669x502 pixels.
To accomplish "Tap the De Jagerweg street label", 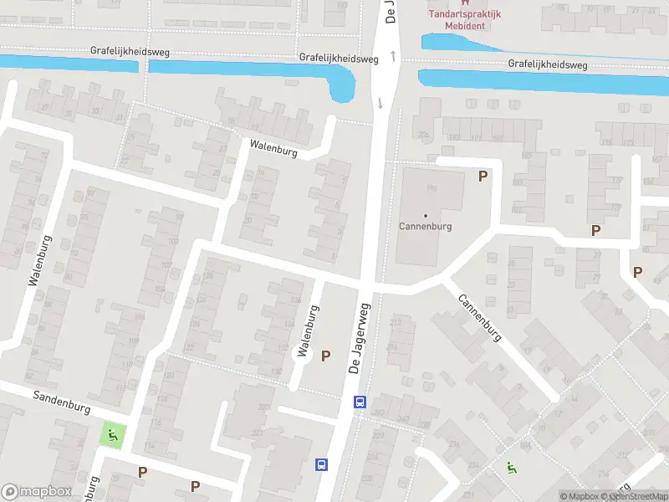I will click(x=360, y=338).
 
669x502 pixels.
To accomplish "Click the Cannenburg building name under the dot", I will click(x=425, y=226).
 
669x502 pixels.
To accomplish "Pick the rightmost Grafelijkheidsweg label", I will click(x=548, y=64).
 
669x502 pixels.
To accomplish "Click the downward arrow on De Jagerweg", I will click(x=380, y=104).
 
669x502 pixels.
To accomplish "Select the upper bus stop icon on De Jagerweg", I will click(x=360, y=402).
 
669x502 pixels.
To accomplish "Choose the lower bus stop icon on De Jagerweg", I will click(x=320, y=464).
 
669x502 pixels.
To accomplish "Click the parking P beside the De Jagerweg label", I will click(x=326, y=356).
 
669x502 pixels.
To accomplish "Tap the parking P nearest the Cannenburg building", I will click(x=482, y=176).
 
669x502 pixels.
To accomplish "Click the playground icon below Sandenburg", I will click(x=112, y=435).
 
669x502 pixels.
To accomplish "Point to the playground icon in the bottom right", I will click(x=511, y=469).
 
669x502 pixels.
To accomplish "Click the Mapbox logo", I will click(x=36, y=492).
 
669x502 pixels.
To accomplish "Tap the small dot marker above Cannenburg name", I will click(x=425, y=216).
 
